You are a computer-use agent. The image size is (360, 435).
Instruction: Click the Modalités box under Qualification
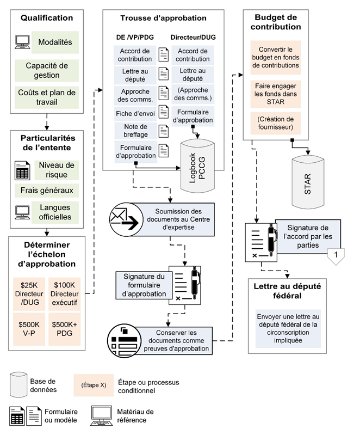pyautogui.click(x=55, y=42)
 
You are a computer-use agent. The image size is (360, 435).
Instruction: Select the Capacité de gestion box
pyautogui.click(x=46, y=71)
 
